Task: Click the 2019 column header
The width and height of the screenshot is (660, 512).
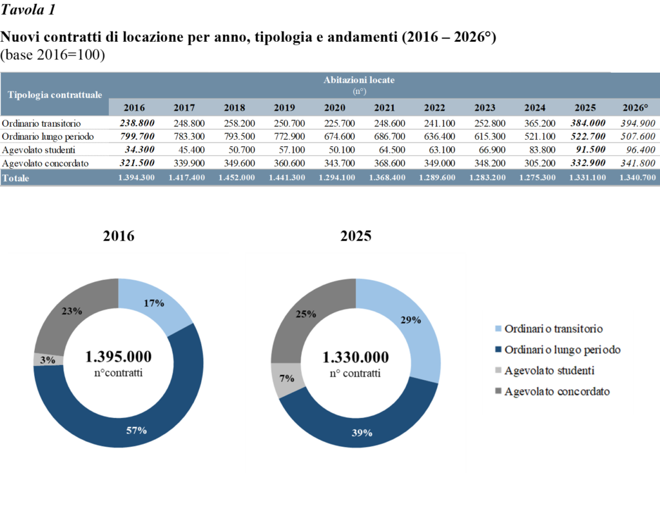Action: coord(284,108)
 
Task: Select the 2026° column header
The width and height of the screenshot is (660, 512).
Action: coord(636,108)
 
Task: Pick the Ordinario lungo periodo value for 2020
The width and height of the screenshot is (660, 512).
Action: coord(335,137)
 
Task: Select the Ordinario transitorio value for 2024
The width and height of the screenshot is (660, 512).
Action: coord(535,123)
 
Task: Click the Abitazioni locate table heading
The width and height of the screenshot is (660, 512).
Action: coord(359,81)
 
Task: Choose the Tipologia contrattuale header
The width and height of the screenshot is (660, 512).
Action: coord(55,94)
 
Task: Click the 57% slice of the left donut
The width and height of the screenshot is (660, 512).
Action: coord(137,430)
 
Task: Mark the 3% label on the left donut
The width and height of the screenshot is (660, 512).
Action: coord(47,360)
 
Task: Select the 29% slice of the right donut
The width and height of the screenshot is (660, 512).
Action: coord(411,320)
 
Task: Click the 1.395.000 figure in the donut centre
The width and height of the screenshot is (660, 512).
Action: coord(119,357)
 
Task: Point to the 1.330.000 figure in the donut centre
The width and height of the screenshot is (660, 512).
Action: coord(356,357)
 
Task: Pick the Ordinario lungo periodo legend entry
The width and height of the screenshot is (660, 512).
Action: coord(562,350)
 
